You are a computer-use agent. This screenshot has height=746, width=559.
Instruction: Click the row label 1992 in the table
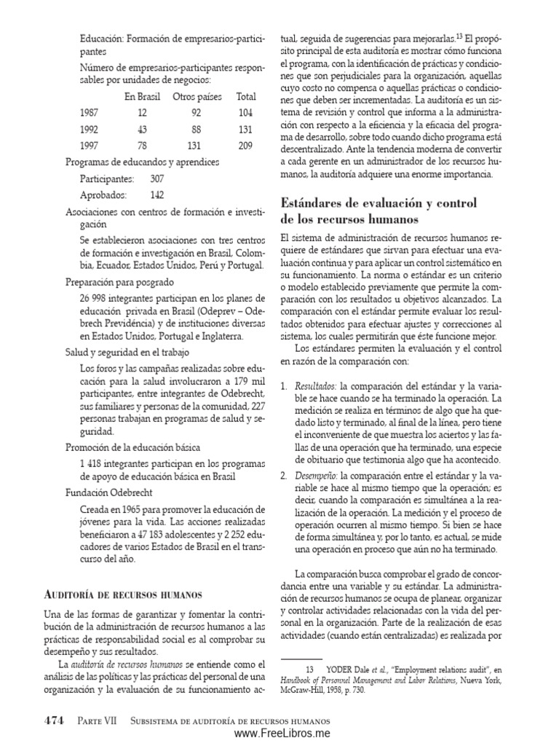(89, 129)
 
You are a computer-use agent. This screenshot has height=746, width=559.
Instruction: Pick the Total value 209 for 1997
(245, 145)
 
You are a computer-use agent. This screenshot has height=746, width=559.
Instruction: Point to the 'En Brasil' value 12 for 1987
(141, 113)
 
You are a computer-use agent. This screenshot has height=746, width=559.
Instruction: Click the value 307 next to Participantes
(156, 178)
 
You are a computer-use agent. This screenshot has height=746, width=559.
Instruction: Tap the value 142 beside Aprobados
(156, 195)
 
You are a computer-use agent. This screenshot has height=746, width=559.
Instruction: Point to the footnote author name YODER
(340, 667)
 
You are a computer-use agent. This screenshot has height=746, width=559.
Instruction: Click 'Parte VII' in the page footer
(93, 721)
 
